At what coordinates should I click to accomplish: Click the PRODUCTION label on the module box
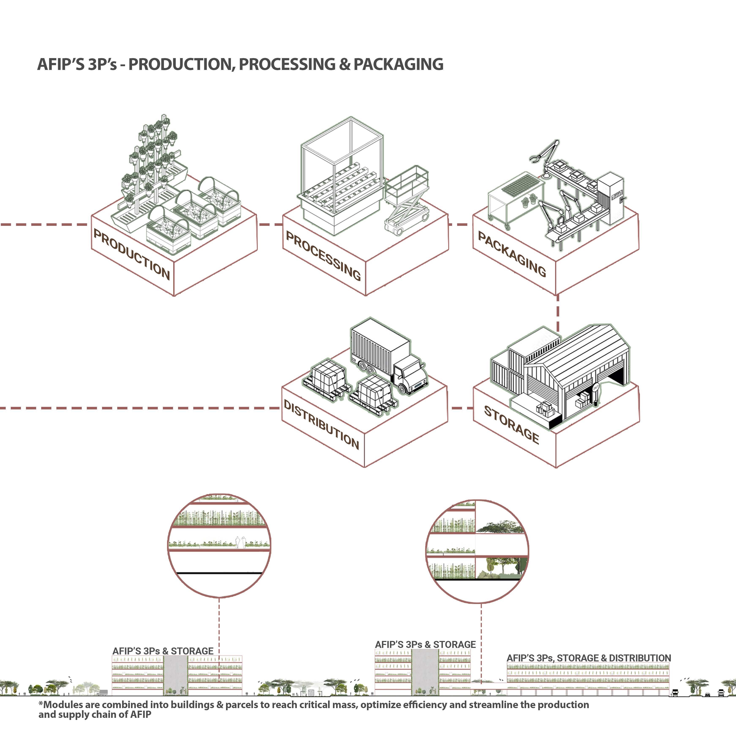tap(131, 254)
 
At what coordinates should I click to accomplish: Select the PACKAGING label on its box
tap(512, 253)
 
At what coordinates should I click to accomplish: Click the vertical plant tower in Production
tap(154, 160)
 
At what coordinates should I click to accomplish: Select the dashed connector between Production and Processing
tap(270, 224)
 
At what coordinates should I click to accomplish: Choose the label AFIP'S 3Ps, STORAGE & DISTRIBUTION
tap(589, 658)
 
